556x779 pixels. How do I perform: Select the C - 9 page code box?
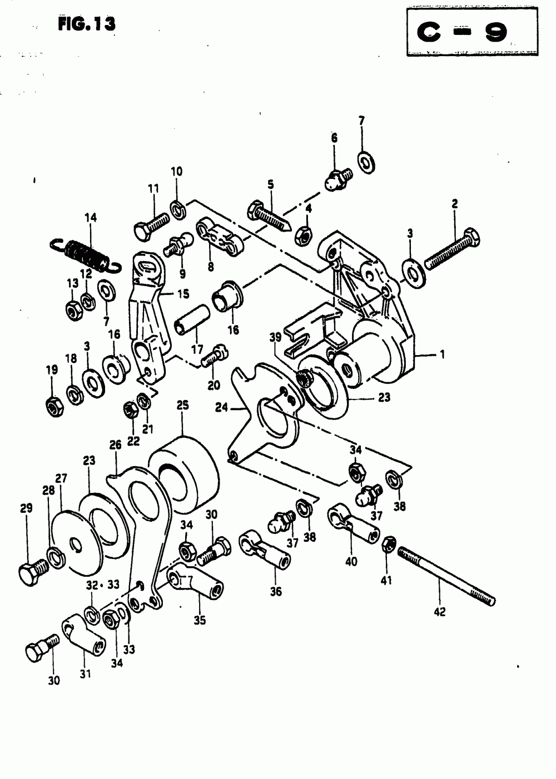[x=472, y=32]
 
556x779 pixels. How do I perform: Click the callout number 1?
[x=443, y=353]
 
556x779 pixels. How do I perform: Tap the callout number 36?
[x=276, y=591]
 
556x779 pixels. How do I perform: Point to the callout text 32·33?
[x=103, y=585]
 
